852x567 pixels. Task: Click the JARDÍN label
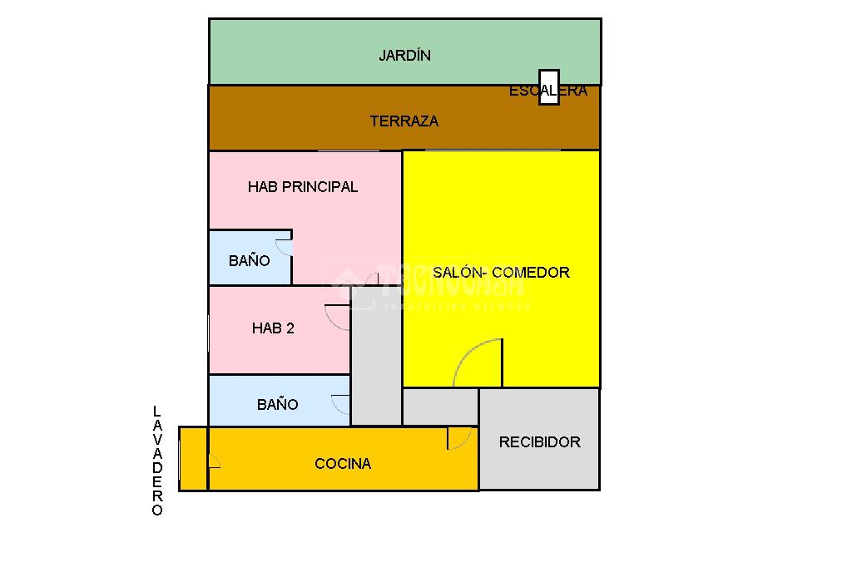point(404,56)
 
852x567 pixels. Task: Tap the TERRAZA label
point(404,121)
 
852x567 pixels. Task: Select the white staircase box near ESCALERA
point(548,87)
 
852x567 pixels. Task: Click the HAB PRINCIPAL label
point(303,187)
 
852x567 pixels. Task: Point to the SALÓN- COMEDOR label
point(501,273)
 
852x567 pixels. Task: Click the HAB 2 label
point(273,328)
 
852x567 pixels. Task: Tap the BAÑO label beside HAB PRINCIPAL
point(249,261)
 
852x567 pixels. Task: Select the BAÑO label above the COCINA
point(277,405)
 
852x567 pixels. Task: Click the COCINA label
point(343,464)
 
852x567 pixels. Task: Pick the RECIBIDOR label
point(539,442)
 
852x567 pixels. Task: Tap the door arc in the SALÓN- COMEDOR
point(479,362)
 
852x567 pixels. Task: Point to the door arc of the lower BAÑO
point(340,404)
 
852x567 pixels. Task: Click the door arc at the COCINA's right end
point(459,438)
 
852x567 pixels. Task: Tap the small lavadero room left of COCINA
point(193,458)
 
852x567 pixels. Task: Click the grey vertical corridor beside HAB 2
point(376,357)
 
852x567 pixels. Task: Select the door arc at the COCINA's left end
point(214,462)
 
